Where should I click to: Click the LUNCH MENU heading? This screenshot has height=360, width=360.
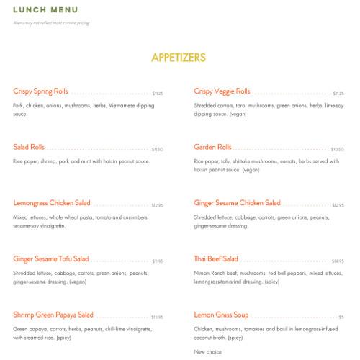pos(45,10)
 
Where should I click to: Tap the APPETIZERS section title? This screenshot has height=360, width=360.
pos(179,58)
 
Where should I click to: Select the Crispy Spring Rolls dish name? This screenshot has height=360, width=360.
pos(40,91)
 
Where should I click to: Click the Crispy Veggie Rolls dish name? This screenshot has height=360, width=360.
pos(222,91)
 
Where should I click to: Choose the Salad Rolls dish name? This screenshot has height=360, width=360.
pos(29,148)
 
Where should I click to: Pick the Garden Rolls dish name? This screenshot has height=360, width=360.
pos(212,148)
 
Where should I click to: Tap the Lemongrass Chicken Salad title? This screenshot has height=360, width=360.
pos(52,204)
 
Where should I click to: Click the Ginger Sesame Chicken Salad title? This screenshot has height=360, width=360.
pos(237,204)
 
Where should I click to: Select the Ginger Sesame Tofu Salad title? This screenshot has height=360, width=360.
pos(51,259)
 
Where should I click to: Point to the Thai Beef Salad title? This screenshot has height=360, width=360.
pos(216,259)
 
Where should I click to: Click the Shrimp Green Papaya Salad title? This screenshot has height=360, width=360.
pos(53,315)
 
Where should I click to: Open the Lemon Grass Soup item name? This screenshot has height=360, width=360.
pos(221,315)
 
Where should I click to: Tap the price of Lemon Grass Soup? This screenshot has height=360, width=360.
pos(341,318)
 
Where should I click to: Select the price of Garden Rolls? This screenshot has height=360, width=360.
pos(338,150)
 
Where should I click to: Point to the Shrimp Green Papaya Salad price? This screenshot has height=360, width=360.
pos(157,318)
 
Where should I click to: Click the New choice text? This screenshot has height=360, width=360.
pos(208,351)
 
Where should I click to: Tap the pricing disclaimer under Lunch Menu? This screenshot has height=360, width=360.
pos(51,23)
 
